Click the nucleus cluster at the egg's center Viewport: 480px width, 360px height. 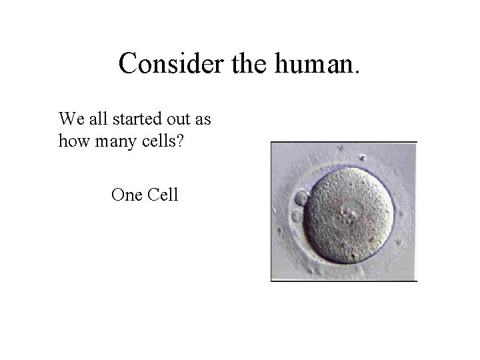347,216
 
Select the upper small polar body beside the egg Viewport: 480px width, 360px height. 301,197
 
